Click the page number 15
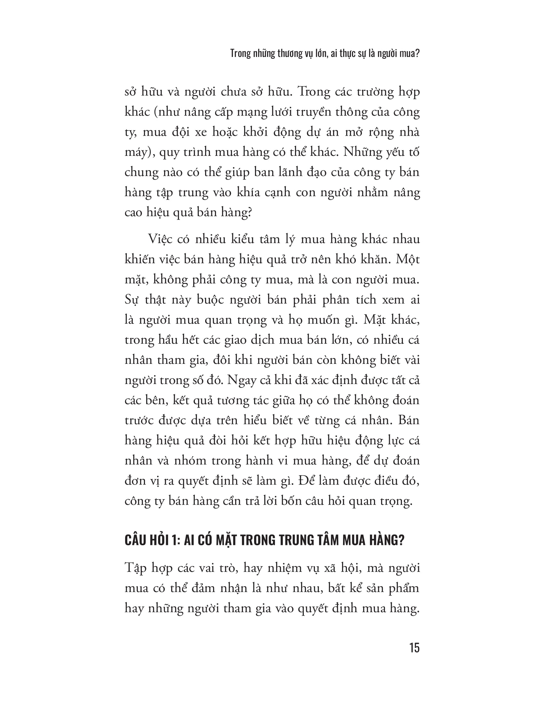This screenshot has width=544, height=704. (414, 648)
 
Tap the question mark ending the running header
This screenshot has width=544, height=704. (418, 53)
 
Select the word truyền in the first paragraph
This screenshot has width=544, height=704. (312, 112)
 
